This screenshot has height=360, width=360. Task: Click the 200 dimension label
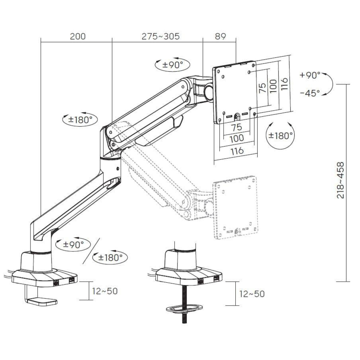coord(78,36)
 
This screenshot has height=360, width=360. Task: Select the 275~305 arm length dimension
coord(160,36)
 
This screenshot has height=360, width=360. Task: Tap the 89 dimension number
coord(220,36)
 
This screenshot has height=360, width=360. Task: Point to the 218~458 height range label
coord(340,180)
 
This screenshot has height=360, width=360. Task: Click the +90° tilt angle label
coord(310,75)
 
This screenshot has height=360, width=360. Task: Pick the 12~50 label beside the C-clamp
coord(105,291)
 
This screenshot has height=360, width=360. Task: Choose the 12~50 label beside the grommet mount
coord(252,294)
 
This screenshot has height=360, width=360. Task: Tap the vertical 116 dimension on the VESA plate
coord(284,84)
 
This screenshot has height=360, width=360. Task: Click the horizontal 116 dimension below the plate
coord(237,151)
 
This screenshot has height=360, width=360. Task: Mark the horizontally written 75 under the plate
coord(236,127)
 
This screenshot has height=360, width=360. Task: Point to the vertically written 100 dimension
coord(273,86)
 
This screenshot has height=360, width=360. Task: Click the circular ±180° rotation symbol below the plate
coord(280,135)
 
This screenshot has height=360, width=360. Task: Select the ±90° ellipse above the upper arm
coord(172,65)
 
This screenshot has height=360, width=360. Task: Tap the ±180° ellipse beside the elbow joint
coord(80,120)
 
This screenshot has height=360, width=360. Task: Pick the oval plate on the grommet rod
coord(184,308)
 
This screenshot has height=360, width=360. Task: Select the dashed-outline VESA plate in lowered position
coord(235,207)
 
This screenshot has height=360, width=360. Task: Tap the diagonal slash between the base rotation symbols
coord(91,251)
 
